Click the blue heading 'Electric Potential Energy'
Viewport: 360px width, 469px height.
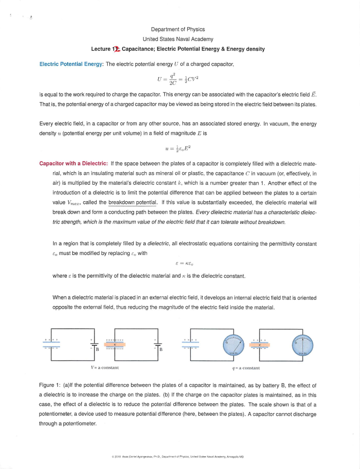tap(71, 64)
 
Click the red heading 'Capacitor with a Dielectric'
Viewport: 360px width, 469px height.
tap(73, 164)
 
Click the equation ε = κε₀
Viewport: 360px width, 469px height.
tap(184, 264)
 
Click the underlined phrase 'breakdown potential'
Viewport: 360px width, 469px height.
tap(132, 202)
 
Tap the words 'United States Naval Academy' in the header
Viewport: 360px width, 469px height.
tap(178, 39)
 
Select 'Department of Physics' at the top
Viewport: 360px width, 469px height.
tap(178, 29)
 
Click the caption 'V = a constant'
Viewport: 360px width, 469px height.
tap(105, 367)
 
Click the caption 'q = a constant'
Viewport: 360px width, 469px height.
tap(246, 368)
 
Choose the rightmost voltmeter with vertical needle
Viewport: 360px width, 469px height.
tap(303, 345)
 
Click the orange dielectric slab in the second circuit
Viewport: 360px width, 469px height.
tap(115, 345)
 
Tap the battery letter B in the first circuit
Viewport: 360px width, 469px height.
tap(97, 349)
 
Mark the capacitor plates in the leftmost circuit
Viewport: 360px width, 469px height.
tap(51, 345)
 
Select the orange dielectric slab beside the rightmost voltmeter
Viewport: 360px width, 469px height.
tap(259, 345)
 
